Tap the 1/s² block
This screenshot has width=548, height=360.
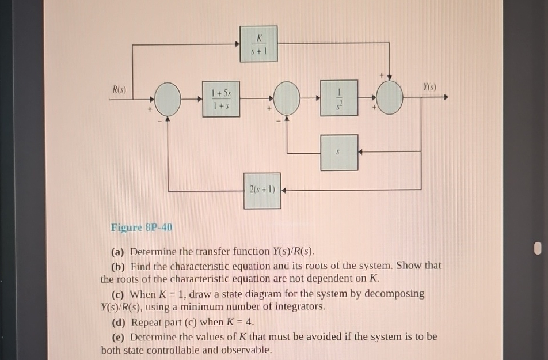pos(340,99)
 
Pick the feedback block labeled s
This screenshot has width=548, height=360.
pos(340,152)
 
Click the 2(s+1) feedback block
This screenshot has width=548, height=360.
pos(262,190)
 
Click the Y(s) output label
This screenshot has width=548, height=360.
pos(429,88)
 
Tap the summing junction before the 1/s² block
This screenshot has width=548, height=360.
pos(287,99)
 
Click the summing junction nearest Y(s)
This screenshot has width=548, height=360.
pos(391,99)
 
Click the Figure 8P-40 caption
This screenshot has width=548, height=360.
pos(141,227)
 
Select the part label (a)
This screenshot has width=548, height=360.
pos(119,252)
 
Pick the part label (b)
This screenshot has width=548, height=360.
pos(119,266)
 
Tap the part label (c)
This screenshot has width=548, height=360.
pos(119,293)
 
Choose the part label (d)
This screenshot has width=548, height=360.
pos(119,322)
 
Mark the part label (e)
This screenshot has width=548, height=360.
pos(119,336)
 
